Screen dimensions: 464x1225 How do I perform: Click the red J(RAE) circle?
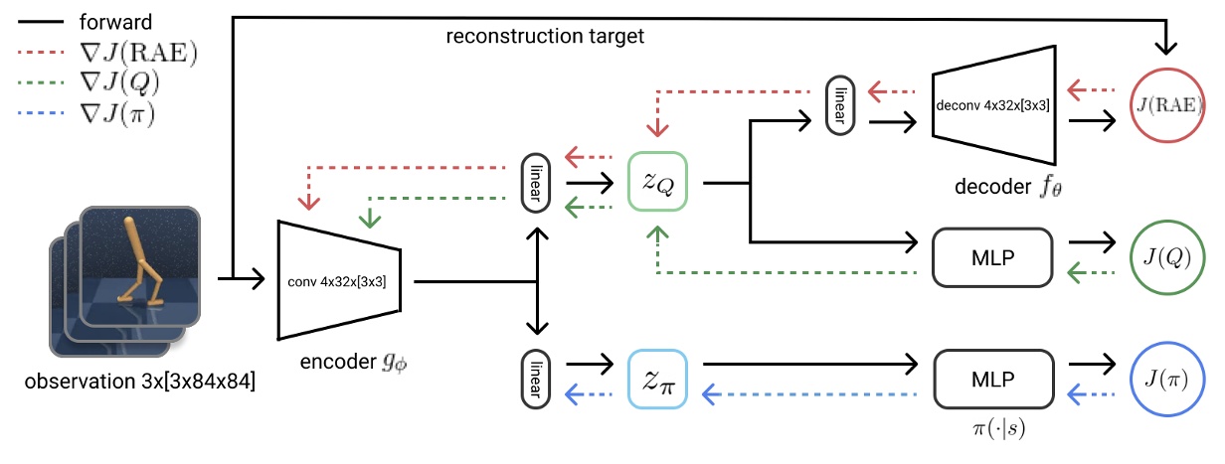point(1166,100)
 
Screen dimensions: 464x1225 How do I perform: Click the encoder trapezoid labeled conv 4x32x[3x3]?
point(339,281)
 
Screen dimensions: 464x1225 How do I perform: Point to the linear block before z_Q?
point(537,183)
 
